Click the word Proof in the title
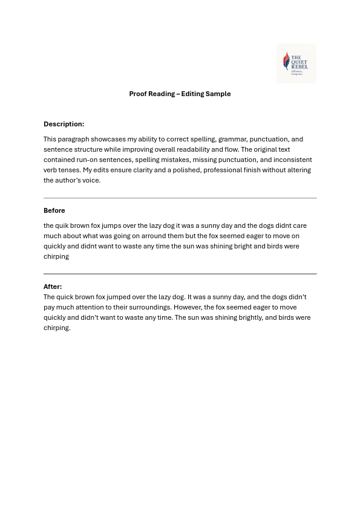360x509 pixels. [139, 94]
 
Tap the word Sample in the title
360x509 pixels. [220, 94]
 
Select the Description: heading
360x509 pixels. [64, 124]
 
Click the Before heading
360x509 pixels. [54, 210]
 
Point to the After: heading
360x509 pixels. [53, 287]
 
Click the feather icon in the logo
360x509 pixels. [286, 60]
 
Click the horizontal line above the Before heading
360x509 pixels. [180, 198]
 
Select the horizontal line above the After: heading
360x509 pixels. [180, 274]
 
